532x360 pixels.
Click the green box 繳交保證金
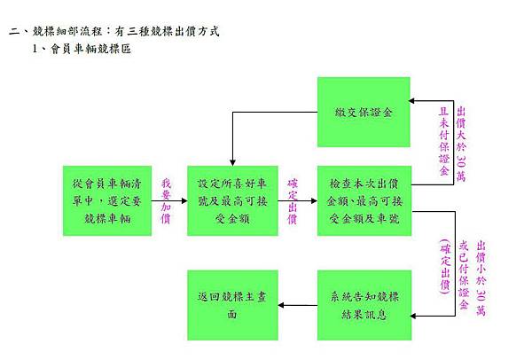point(364,113)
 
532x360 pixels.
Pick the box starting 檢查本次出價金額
point(364,200)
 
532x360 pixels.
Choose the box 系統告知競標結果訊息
point(364,305)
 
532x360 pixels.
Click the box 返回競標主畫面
point(232,305)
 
